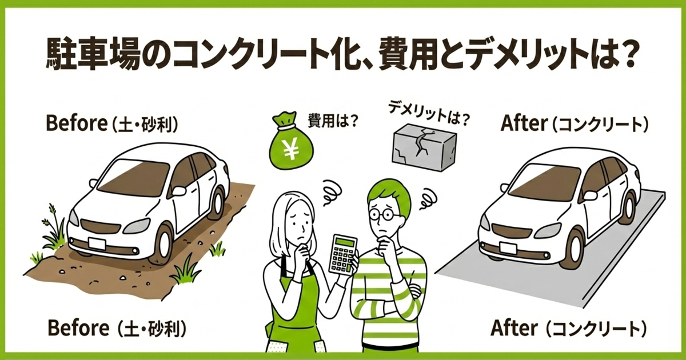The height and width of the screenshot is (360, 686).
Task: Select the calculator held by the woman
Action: point(344,254)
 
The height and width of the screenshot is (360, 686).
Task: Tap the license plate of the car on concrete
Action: point(506,247)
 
